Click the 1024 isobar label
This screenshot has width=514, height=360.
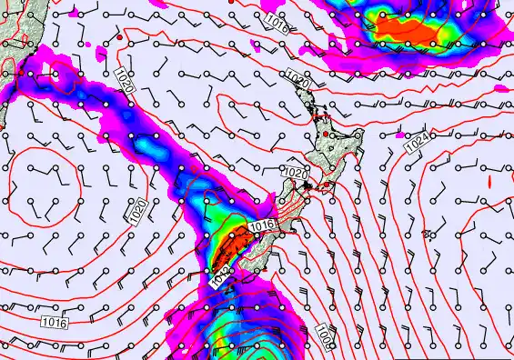tap(417, 142)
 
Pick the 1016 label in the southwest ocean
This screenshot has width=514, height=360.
tap(53, 322)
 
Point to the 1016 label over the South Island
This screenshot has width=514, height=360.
tap(262, 225)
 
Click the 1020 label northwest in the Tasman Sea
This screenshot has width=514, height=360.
tap(126, 83)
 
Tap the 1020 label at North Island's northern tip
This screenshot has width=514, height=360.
tap(297, 78)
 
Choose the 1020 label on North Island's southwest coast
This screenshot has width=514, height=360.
tap(296, 172)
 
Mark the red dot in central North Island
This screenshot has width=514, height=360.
tap(326, 135)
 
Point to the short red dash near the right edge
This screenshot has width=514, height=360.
tap(489, 182)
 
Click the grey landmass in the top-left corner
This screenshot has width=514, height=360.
tap(16, 36)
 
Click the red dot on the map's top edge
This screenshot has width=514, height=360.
tap(232, 3)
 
